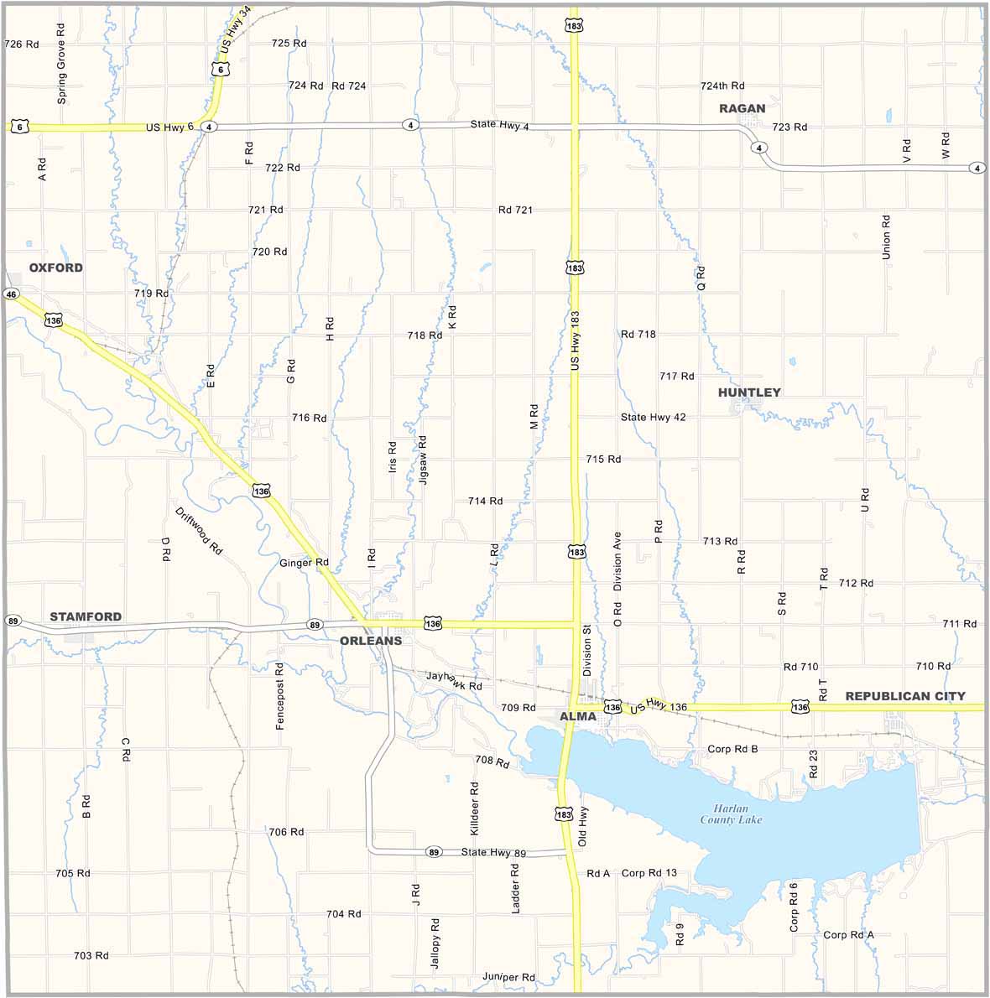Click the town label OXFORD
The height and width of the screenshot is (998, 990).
pyautogui.click(x=56, y=268)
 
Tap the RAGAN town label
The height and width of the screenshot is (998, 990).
pyautogui.click(x=742, y=108)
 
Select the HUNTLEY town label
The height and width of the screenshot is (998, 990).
pyautogui.click(x=749, y=392)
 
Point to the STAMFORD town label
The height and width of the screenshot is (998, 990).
pyautogui.click(x=86, y=616)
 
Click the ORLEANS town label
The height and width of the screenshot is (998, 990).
pyautogui.click(x=371, y=641)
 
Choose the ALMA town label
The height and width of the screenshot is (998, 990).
pyautogui.click(x=578, y=716)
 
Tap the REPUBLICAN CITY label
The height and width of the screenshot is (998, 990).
pyautogui.click(x=905, y=696)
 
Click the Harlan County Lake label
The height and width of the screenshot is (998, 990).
pyautogui.click(x=732, y=813)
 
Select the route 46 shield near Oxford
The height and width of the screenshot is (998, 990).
pyautogui.click(x=11, y=294)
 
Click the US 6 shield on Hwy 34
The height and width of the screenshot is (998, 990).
pyautogui.click(x=220, y=70)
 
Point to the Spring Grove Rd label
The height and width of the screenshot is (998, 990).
pyautogui.click(x=61, y=63)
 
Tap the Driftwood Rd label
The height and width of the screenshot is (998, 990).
pyautogui.click(x=199, y=532)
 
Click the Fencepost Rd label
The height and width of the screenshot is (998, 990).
pyautogui.click(x=280, y=696)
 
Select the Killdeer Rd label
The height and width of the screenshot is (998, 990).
pyautogui.click(x=474, y=808)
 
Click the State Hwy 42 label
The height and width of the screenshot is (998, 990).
pyautogui.click(x=654, y=417)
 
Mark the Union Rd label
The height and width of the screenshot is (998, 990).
pyautogui.click(x=886, y=237)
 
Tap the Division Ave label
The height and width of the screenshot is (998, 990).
pyautogui.click(x=617, y=561)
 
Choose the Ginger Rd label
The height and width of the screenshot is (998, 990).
pyautogui.click(x=304, y=563)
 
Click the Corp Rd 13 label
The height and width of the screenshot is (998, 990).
pyautogui.click(x=649, y=873)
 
